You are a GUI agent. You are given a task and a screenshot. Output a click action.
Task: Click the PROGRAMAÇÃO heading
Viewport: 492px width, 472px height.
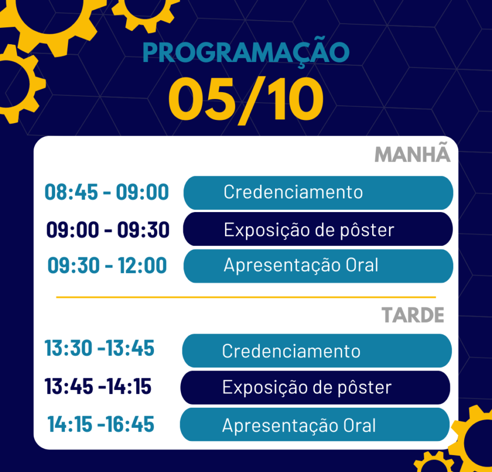point(246,53)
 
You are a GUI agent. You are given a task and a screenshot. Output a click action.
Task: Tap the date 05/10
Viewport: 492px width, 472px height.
point(246,100)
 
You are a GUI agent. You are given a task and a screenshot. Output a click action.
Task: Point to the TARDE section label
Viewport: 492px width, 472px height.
point(413,315)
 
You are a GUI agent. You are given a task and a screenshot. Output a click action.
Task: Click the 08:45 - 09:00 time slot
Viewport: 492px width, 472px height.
point(107,192)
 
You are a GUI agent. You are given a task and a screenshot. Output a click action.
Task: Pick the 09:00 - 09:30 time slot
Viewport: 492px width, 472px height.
point(108,229)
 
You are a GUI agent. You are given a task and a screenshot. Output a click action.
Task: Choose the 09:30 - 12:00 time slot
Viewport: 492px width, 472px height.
point(107,266)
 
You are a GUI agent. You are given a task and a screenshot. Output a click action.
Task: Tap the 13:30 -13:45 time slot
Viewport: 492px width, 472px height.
point(99,348)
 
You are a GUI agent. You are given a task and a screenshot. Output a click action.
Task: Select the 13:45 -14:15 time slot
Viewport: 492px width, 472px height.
point(98,386)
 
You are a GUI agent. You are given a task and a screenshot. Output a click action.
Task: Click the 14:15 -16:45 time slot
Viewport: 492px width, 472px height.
point(101,424)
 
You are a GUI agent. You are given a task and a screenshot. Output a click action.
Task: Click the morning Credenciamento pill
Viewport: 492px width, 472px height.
point(318,193)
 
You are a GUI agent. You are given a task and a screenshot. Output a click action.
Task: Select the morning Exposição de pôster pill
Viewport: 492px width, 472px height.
point(318,229)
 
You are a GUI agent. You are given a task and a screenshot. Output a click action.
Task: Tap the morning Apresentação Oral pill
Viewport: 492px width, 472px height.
point(318,266)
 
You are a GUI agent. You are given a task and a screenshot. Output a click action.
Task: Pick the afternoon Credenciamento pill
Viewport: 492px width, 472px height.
point(317,350)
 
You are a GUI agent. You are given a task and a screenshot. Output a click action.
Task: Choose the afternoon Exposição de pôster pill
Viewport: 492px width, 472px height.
point(315,387)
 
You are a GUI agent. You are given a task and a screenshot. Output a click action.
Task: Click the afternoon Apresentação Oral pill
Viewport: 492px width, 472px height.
point(315,424)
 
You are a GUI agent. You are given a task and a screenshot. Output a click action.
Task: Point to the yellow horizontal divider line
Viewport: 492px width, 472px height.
point(246,297)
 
